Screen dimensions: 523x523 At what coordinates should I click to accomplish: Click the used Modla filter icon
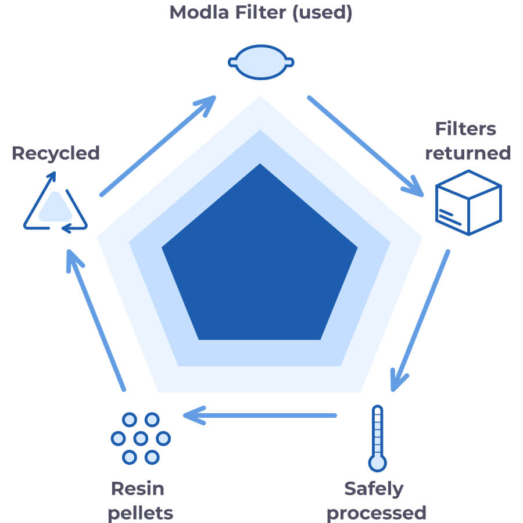[x=260, y=62]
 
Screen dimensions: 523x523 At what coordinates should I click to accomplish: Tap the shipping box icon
[x=468, y=202]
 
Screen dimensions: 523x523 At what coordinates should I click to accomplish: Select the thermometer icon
[x=378, y=438]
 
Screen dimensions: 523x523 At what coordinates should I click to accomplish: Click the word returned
[x=468, y=153]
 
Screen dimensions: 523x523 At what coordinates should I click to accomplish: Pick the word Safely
[x=374, y=488]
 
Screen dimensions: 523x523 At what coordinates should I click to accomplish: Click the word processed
[x=376, y=513]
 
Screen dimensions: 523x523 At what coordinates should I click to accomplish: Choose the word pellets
[x=140, y=513]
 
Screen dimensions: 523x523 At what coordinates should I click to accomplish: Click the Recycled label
[x=56, y=153]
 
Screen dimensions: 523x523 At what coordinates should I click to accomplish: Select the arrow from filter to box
[x=366, y=145]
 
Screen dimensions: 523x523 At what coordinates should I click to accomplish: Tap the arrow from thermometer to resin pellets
[x=260, y=415]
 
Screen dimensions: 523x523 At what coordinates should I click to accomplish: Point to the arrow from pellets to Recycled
[x=95, y=320]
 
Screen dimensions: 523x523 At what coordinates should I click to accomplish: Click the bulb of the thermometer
[x=378, y=463]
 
